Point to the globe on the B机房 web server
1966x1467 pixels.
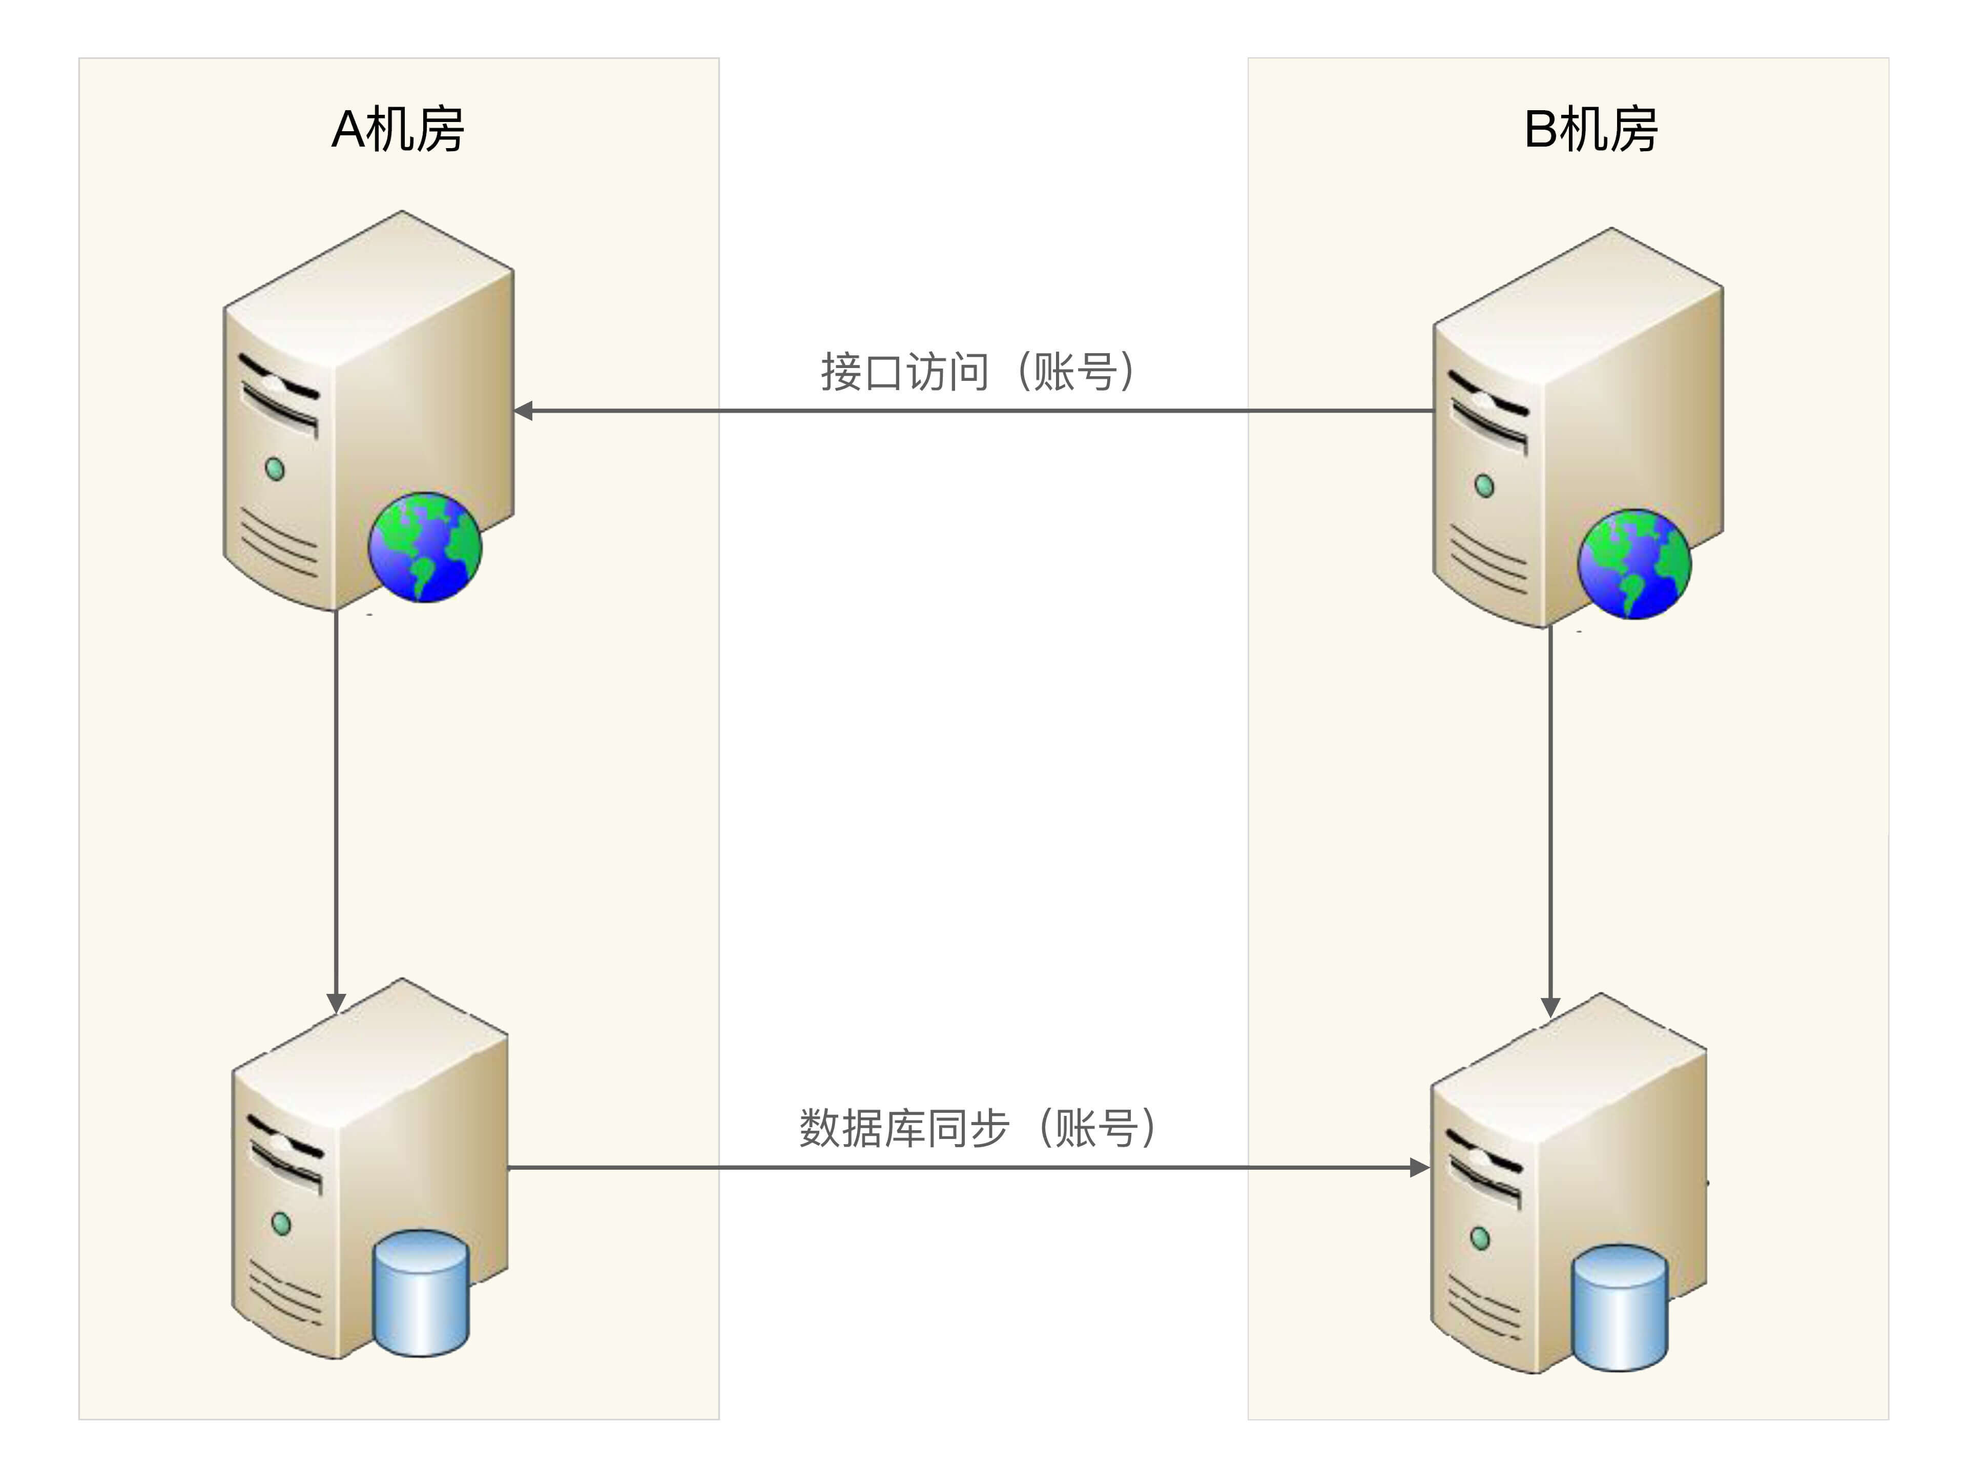click(x=1634, y=564)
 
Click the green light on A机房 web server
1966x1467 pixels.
click(x=275, y=469)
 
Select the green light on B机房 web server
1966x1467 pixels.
click(x=1484, y=486)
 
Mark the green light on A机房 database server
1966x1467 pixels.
click(x=281, y=1224)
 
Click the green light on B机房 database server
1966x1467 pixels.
click(x=1480, y=1238)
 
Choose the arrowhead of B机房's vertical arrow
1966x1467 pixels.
click(x=1550, y=1007)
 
